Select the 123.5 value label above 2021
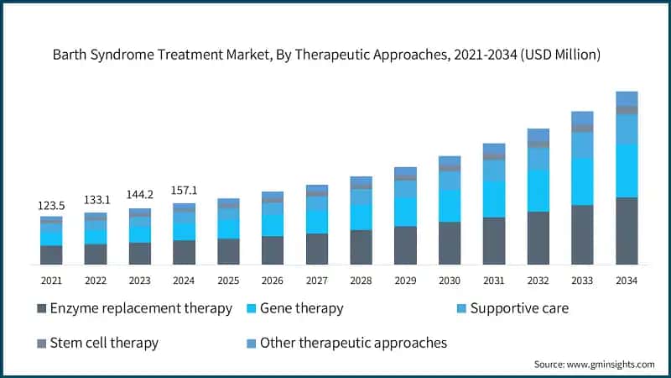(x=51, y=205)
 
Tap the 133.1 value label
(x=96, y=200)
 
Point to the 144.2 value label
(x=140, y=194)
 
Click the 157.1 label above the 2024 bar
(x=185, y=188)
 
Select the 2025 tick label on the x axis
(x=228, y=280)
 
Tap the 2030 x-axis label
(x=450, y=280)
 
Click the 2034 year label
(x=627, y=280)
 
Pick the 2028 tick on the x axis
(x=361, y=280)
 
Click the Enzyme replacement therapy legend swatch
(x=42, y=309)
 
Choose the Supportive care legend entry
(x=518, y=308)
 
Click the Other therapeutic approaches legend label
(x=353, y=343)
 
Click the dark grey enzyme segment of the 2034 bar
(x=627, y=231)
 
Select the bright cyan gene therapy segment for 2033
(x=582, y=181)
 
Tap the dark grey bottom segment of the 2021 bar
(x=51, y=255)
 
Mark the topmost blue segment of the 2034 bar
(x=627, y=98)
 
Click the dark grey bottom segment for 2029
(x=405, y=245)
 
